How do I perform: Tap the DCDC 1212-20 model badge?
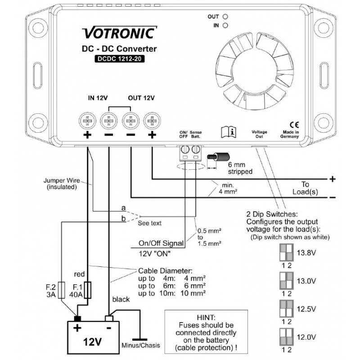119,58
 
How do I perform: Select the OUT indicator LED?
225,17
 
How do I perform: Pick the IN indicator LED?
225,26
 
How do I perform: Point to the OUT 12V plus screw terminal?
152,120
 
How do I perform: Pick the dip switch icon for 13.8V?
285,252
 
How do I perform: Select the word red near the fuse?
79,274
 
